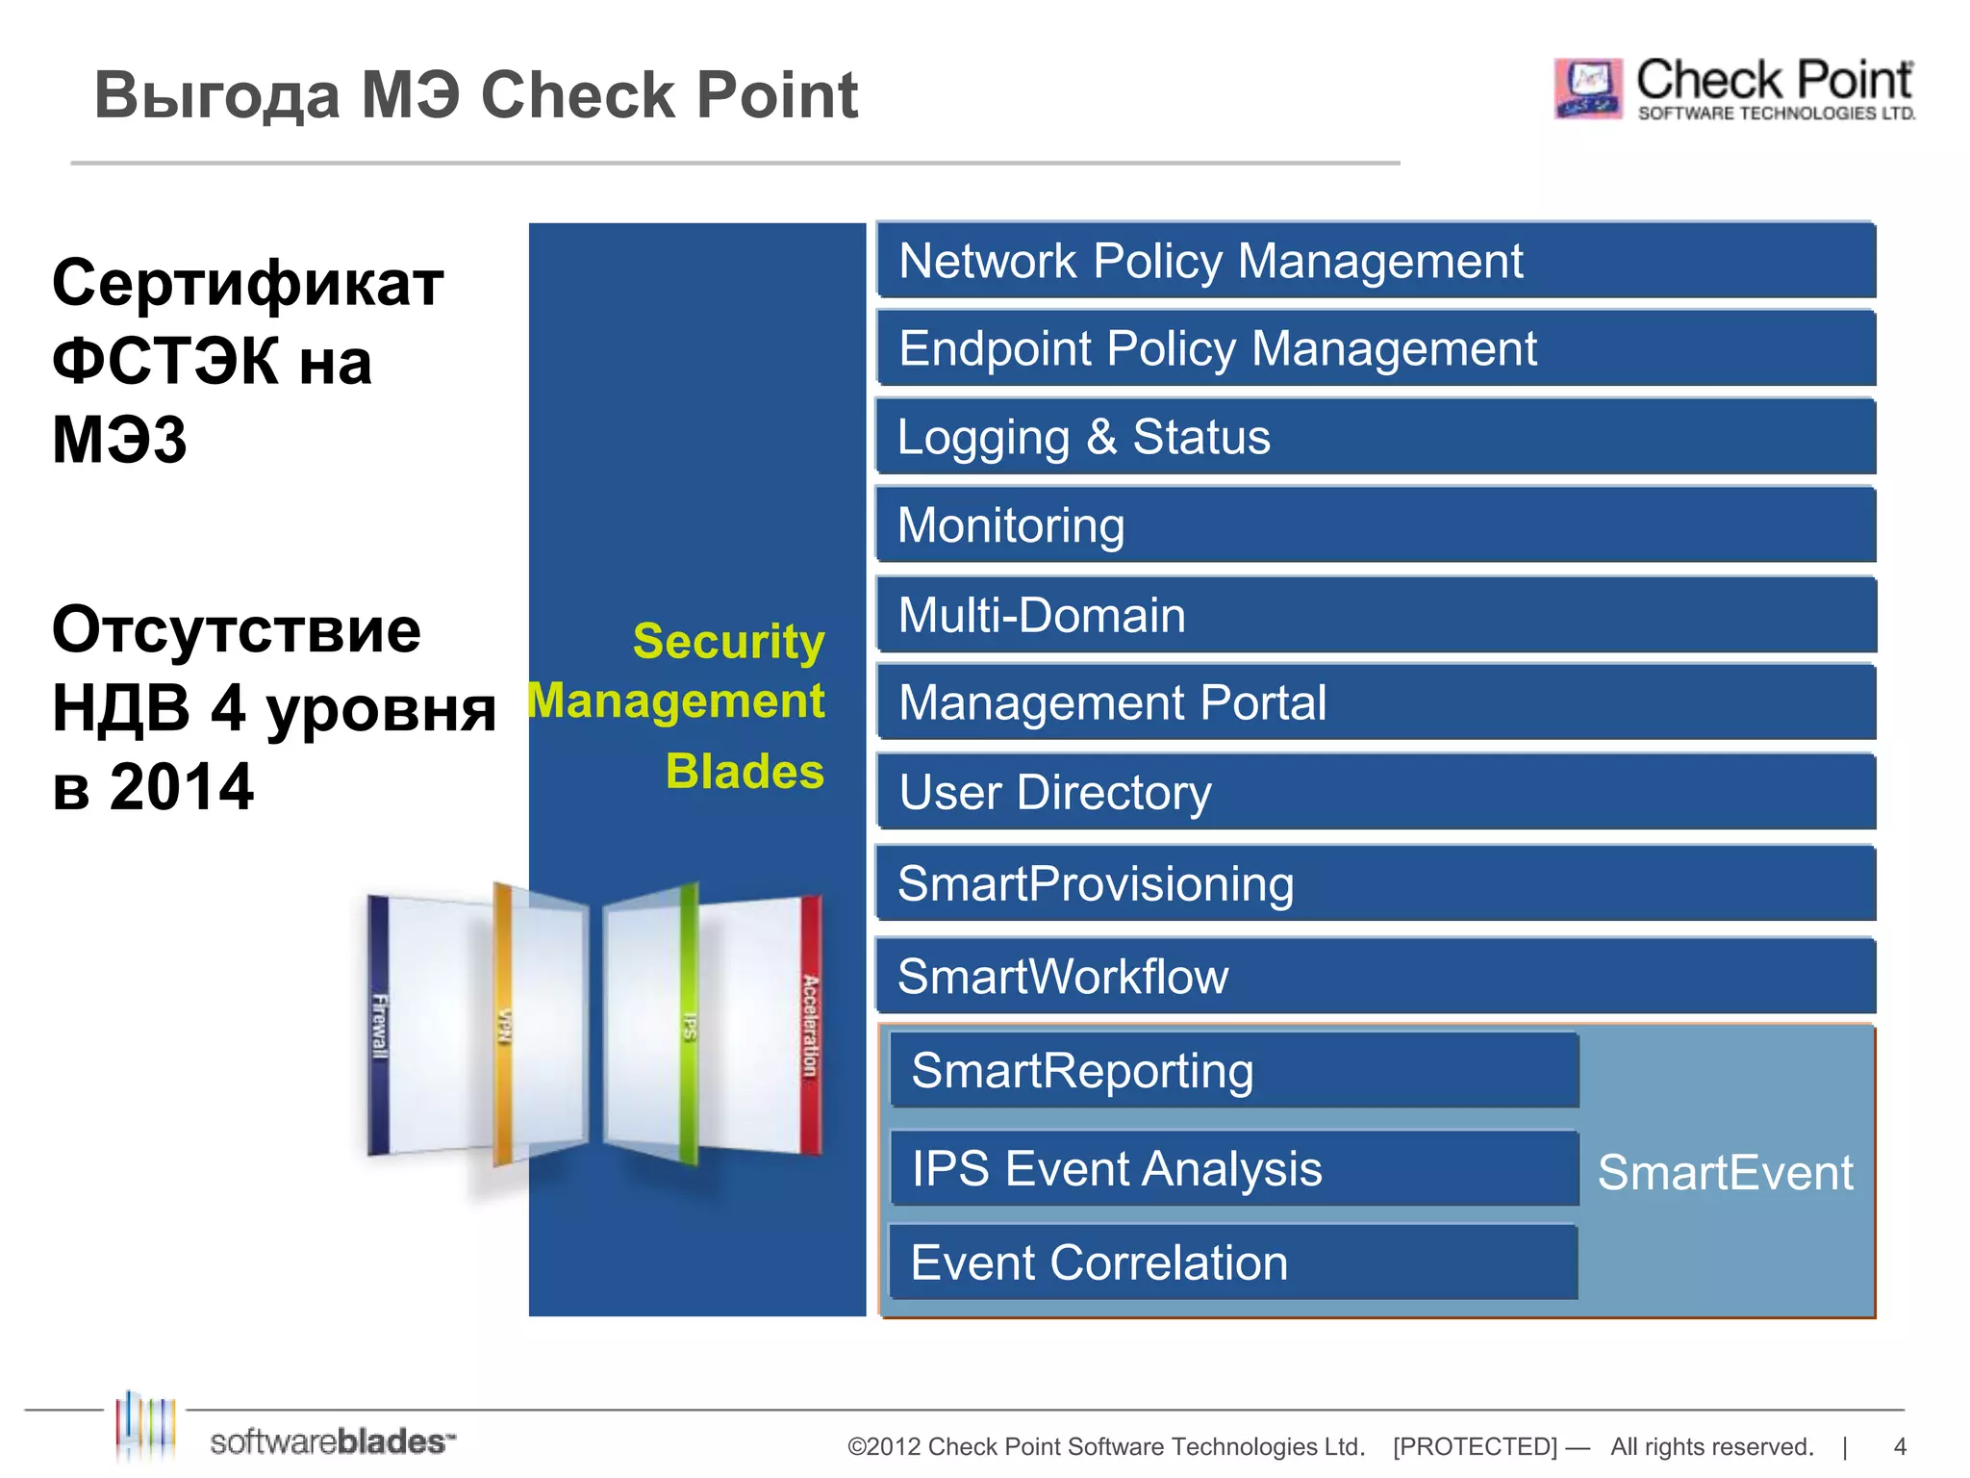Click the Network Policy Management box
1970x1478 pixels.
1376,261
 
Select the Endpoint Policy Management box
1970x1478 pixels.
1376,348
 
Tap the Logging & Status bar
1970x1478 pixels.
1376,437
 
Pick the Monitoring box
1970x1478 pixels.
1376,525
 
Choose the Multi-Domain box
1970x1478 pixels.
1376,615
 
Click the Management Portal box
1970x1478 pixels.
1376,702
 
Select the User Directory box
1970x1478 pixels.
1376,792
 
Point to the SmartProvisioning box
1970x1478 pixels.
1376,883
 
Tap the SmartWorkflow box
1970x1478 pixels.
1376,976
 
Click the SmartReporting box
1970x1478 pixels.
1234,1071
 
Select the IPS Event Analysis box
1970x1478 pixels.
1234,1169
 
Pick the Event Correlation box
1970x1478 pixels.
1234,1262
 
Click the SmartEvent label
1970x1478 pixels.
1725,1173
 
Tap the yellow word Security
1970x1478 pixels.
728,642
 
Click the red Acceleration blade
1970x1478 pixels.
811,1025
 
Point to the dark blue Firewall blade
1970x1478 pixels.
379,1025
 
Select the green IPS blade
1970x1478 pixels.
689,1025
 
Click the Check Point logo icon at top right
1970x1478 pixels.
1587,89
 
